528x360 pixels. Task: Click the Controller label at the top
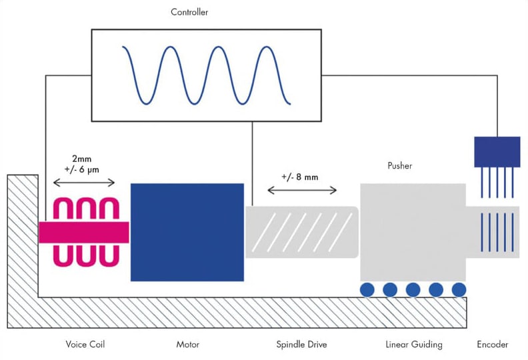coord(189,12)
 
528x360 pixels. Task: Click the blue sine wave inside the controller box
coord(205,74)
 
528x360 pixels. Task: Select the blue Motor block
coord(187,231)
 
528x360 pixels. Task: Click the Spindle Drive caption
coord(301,345)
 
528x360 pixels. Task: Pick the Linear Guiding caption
coord(413,345)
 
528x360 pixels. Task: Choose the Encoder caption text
coord(493,345)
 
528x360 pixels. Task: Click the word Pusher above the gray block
coord(399,165)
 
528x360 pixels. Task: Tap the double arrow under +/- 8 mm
coord(301,191)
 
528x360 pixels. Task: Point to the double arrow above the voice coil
coord(83,183)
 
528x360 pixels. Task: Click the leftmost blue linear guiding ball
coord(367,289)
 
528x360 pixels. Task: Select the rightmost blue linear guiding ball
coord(459,289)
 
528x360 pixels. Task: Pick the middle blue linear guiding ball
coord(413,289)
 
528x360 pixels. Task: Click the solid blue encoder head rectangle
coord(497,151)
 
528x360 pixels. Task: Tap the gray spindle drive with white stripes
coord(301,231)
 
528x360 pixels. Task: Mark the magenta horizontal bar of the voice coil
coord(83,231)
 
